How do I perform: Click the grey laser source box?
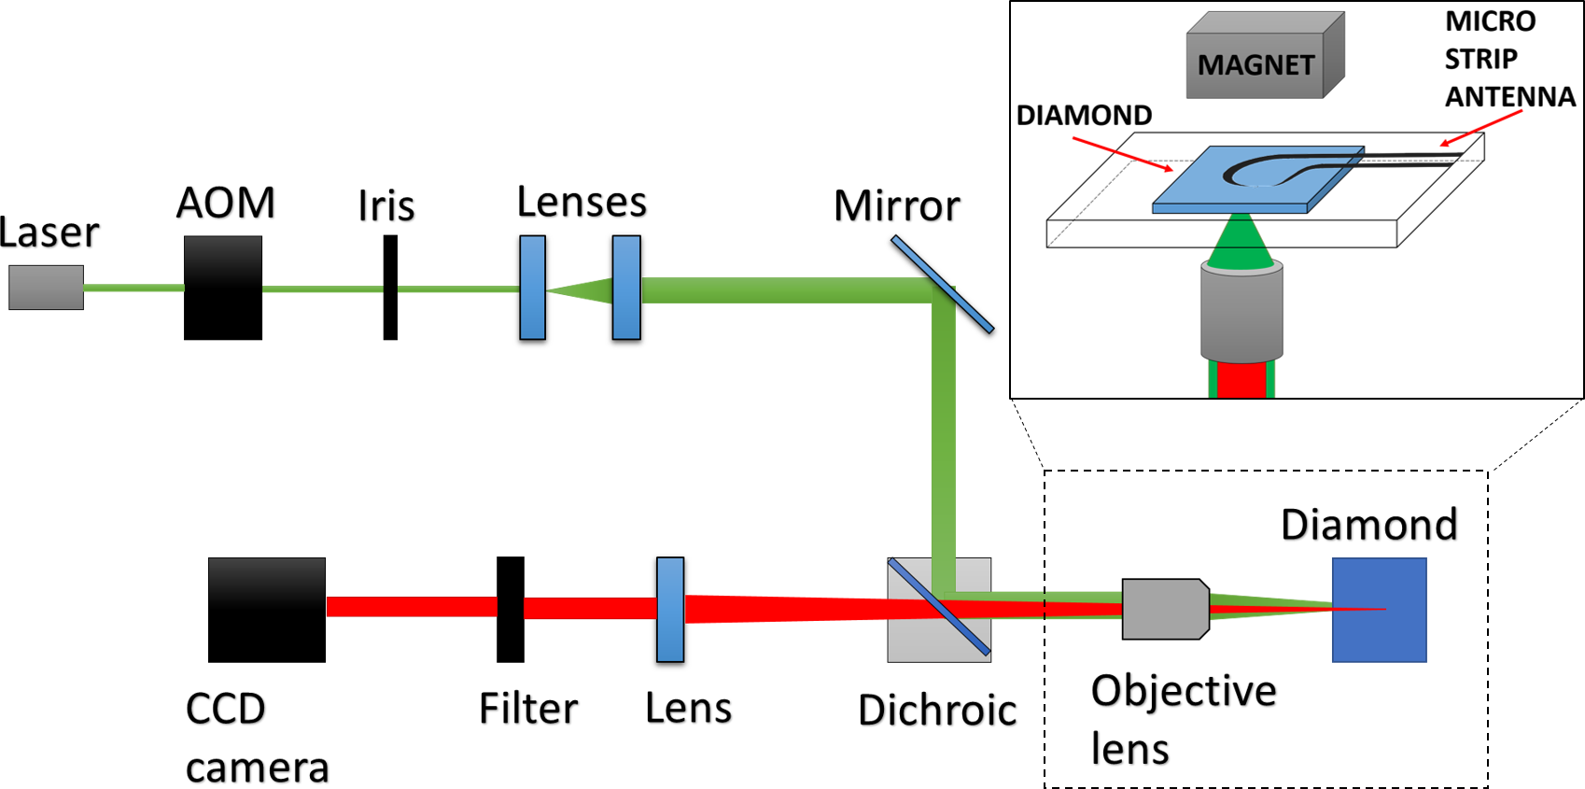pos(46,288)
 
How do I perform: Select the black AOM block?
pos(223,288)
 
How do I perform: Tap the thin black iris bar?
pos(390,288)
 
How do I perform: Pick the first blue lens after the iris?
pos(532,290)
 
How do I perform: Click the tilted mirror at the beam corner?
pos(943,287)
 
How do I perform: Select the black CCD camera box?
pos(267,610)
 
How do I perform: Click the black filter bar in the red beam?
pos(511,610)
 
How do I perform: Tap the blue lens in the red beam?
pos(670,612)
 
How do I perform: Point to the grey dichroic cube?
pos(939,610)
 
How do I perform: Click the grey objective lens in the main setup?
pos(1164,610)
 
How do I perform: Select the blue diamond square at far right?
pos(1379,610)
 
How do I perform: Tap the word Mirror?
pos(897,206)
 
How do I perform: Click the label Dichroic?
pos(938,712)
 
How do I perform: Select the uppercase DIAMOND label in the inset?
pos(1083,115)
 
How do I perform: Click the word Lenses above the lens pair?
pos(582,203)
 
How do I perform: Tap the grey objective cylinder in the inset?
pos(1241,313)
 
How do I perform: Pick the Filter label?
pos(529,710)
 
